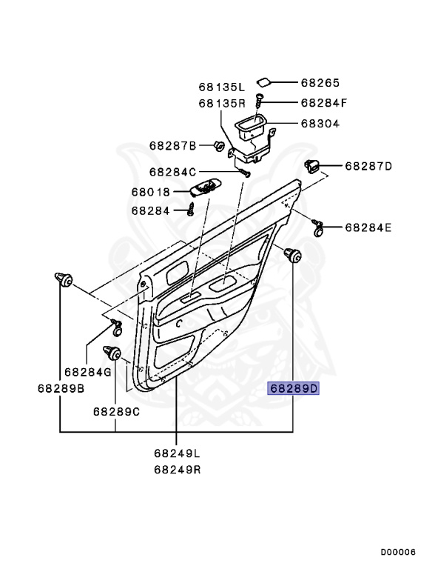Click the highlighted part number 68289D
pos(293,388)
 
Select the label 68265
pos(320,83)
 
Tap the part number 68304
pos(320,124)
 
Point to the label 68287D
pos(368,166)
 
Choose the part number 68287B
pos(172,145)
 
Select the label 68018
pos(150,192)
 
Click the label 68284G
pos(87,371)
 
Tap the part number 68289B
pos(61,387)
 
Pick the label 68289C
pos(116,411)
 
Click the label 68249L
pos(177,453)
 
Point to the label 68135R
pos(221,103)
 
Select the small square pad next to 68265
pos(263,81)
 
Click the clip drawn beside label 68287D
pos(313,166)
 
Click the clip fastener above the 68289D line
pos(293,256)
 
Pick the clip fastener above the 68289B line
pos(62,279)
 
